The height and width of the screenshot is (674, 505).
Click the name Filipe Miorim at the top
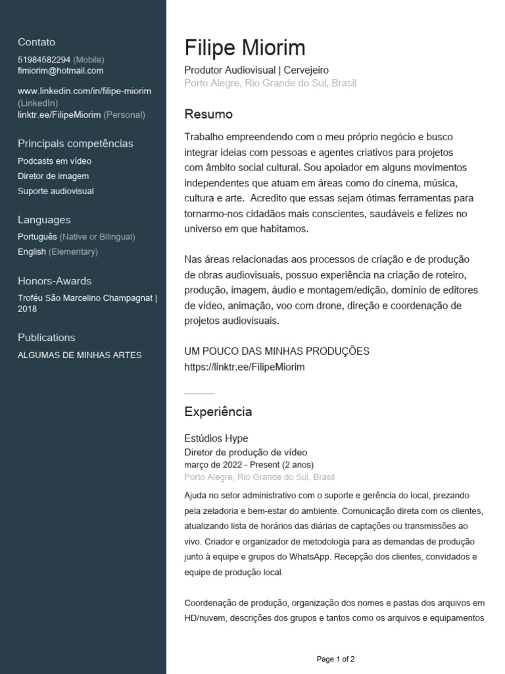pyautogui.click(x=245, y=48)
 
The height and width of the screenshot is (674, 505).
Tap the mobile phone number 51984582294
pyautogui.click(x=44, y=59)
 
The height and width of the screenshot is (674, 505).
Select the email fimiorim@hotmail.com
pyautogui.click(x=60, y=70)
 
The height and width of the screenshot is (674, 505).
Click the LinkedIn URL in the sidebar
pyautogui.click(x=84, y=91)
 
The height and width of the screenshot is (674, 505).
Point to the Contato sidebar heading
pyautogui.click(x=36, y=42)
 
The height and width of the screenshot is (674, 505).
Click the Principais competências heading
pyautogui.click(x=75, y=143)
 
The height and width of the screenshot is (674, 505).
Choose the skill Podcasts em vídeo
pyautogui.click(x=55, y=161)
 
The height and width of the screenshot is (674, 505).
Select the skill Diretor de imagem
pyautogui.click(x=53, y=176)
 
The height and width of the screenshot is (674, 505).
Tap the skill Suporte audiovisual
pyautogui.click(x=56, y=192)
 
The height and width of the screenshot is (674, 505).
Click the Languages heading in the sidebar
pyautogui.click(x=44, y=220)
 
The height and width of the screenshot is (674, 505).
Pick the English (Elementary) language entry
pyautogui.click(x=58, y=251)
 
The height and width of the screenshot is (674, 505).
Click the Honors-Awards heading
pyautogui.click(x=55, y=281)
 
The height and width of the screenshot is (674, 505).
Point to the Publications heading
pyautogui.click(x=47, y=338)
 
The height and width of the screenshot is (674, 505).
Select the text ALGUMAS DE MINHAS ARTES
pyautogui.click(x=80, y=355)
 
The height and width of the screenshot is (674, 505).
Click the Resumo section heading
pyautogui.click(x=208, y=115)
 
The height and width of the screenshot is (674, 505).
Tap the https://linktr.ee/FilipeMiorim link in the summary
pyautogui.click(x=245, y=367)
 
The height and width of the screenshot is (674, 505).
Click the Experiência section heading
pyautogui.click(x=218, y=412)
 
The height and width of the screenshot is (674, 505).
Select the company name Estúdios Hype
pyautogui.click(x=216, y=438)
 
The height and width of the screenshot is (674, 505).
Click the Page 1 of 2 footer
pyautogui.click(x=335, y=659)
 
